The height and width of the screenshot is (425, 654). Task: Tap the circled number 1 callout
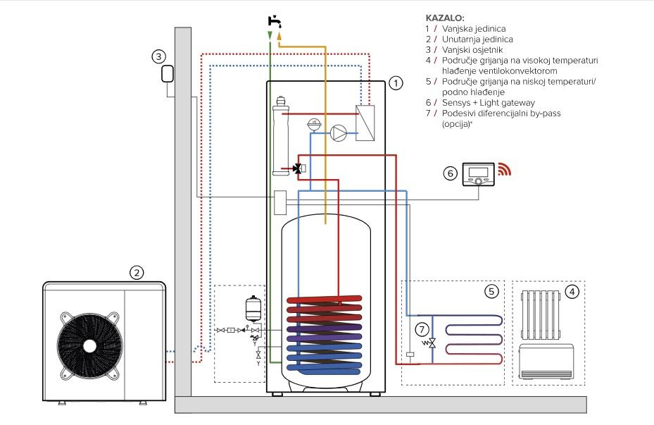(x=396, y=83)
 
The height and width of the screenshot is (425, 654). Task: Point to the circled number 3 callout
(x=161, y=56)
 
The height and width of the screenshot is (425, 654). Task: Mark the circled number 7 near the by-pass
(x=422, y=328)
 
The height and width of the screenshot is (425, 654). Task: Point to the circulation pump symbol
(x=339, y=131)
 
